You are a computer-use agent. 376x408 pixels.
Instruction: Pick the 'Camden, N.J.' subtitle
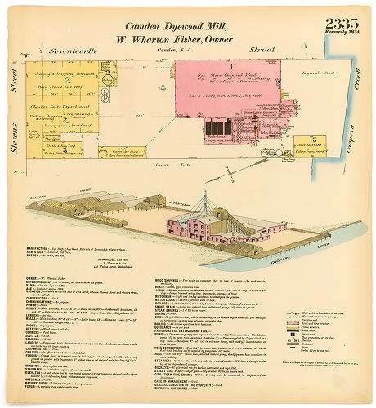point(168,51)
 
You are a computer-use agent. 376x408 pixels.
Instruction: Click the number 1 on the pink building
point(231,65)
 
